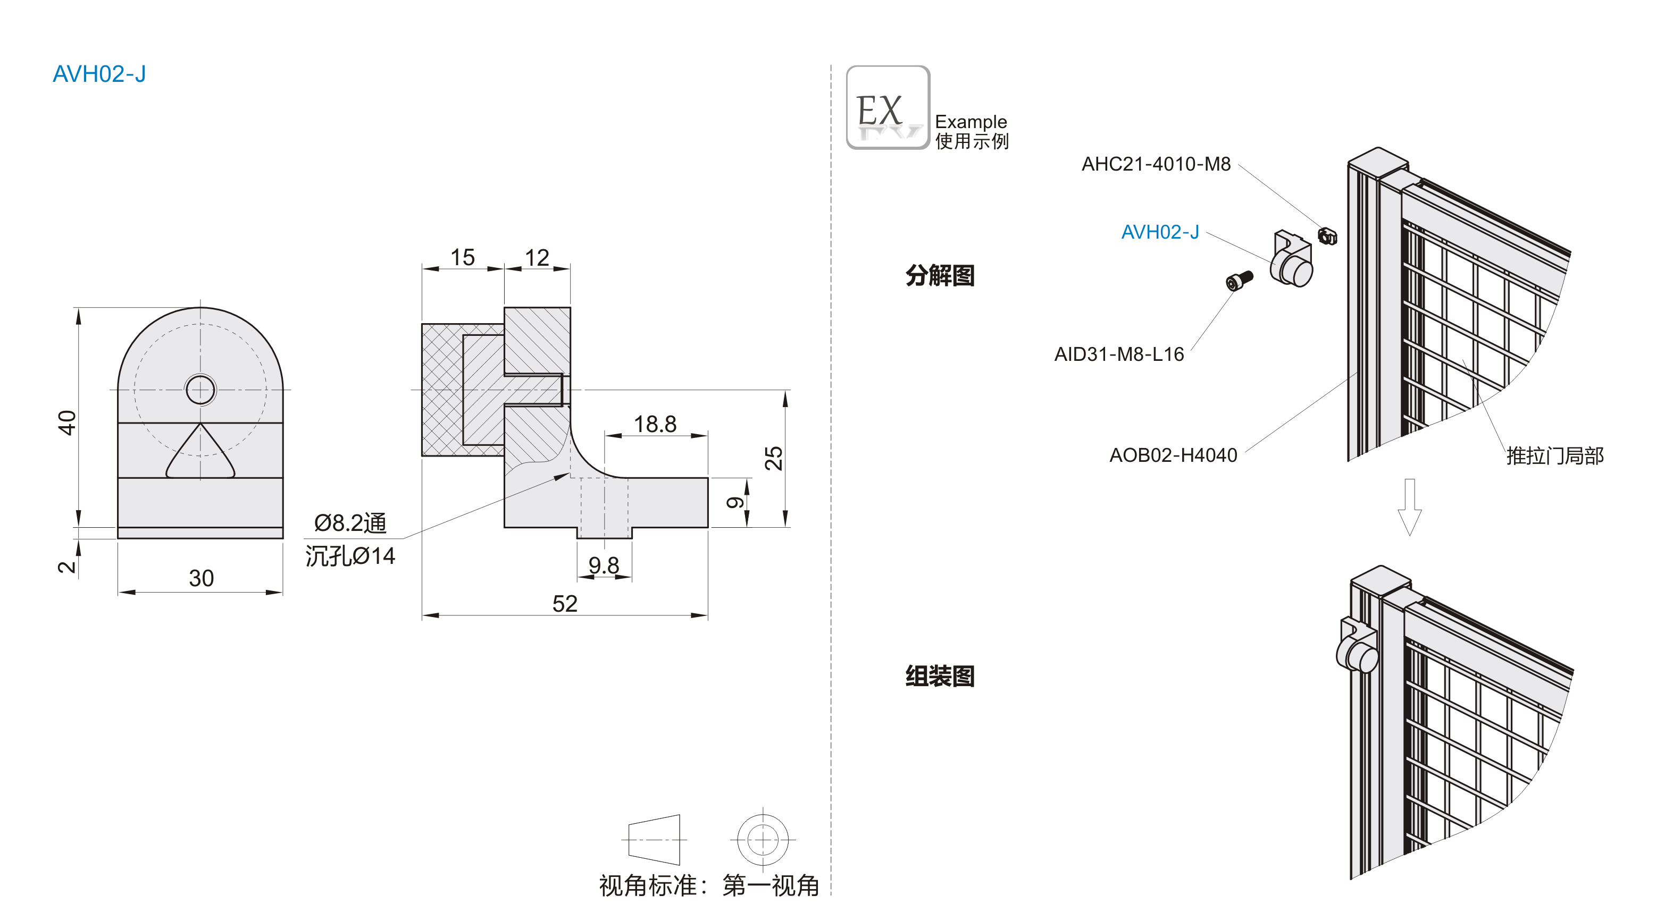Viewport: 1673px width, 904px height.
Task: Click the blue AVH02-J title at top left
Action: click(x=99, y=74)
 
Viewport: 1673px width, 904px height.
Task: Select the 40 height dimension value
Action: click(x=68, y=423)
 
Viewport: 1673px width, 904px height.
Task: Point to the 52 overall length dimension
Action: click(x=564, y=604)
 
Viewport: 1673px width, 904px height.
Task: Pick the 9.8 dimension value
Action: click(x=604, y=565)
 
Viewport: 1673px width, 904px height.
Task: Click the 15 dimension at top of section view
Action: click(x=463, y=257)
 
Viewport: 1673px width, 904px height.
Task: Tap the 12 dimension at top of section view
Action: click(x=537, y=258)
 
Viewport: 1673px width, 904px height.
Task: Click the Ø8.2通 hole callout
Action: click(x=350, y=522)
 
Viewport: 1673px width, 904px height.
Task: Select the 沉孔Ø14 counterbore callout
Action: click(x=350, y=556)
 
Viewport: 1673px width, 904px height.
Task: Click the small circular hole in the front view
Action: click(x=200, y=390)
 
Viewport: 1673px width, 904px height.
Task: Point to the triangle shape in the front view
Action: click(x=200, y=455)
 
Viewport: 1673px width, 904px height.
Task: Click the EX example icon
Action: click(x=887, y=108)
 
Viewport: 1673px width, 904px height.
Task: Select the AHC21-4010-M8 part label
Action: click(x=1156, y=164)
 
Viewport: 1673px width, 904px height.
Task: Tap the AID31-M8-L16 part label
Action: click(x=1118, y=354)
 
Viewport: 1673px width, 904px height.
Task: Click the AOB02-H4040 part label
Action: click(x=1173, y=455)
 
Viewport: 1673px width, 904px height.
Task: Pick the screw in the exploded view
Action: click(x=1239, y=281)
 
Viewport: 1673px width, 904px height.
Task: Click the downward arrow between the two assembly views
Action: click(x=1409, y=506)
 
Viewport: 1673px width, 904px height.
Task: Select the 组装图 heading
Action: click(x=940, y=676)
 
